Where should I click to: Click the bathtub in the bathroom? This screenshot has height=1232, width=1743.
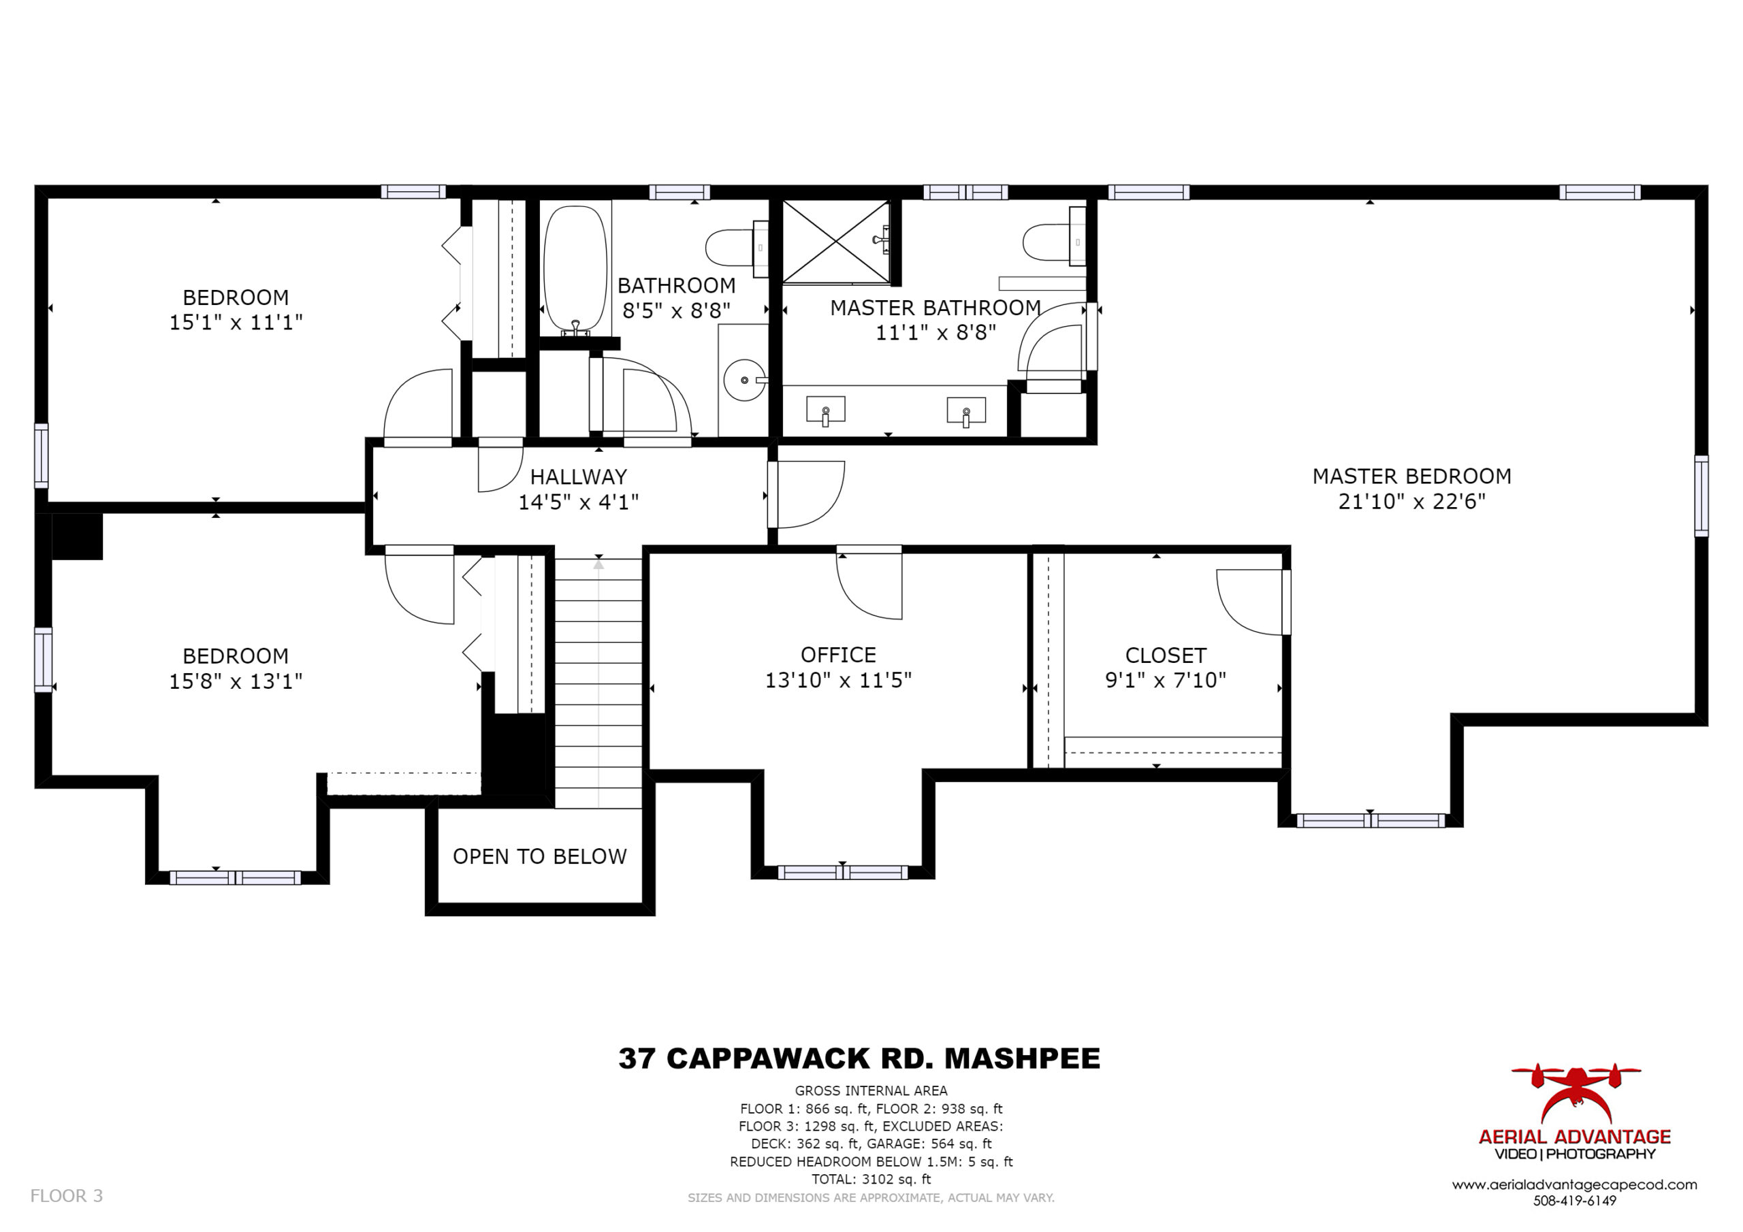[576, 270]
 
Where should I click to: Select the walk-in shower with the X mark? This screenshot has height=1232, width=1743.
[836, 242]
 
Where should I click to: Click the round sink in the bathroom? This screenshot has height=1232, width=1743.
[744, 380]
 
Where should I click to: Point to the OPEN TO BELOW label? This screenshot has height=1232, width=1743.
[540, 856]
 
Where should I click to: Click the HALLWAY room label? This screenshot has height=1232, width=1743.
[579, 476]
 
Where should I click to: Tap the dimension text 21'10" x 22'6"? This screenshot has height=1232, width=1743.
[1411, 502]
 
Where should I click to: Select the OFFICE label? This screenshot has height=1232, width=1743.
[838, 654]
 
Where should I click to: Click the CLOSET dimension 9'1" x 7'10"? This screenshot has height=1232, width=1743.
[1165, 679]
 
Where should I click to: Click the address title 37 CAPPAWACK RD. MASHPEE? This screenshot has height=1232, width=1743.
[859, 1058]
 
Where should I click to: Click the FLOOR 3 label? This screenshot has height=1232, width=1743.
[66, 1195]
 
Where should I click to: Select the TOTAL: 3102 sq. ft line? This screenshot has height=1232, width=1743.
[871, 1179]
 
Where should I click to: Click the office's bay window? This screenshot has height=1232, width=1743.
[842, 872]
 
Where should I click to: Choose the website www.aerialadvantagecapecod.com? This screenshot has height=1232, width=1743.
[1574, 1184]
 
